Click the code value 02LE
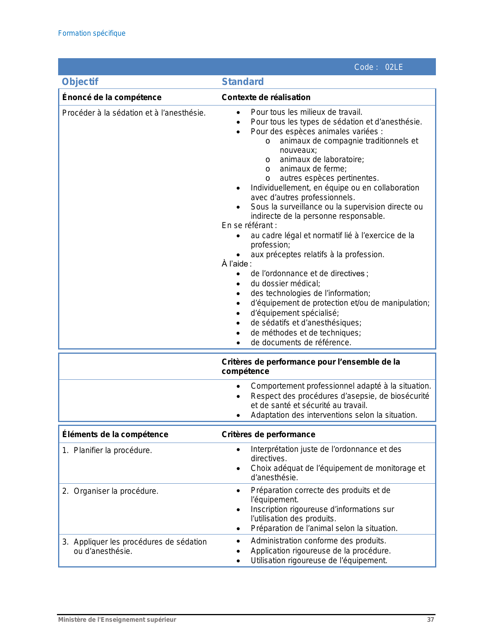click(x=394, y=67)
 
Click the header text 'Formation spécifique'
click(x=92, y=33)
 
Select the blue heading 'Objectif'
click(x=80, y=82)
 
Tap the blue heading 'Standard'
click(x=243, y=82)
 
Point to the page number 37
click(x=430, y=620)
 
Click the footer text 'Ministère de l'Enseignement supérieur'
click(x=117, y=620)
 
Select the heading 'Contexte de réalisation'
click(x=266, y=97)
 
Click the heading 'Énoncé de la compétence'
click(x=112, y=97)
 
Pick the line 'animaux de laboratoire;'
click(x=322, y=159)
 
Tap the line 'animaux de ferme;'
click(x=313, y=169)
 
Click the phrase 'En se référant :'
click(x=249, y=225)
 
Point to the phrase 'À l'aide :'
click(x=236, y=264)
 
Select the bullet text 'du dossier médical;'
click(x=285, y=284)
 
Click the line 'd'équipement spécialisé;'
click(x=294, y=313)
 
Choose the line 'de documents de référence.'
click(x=301, y=342)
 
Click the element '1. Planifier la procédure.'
click(x=107, y=450)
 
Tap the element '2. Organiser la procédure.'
click(x=110, y=491)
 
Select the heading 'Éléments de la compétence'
click(x=115, y=434)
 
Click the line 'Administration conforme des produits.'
click(x=318, y=541)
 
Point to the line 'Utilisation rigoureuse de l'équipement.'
click(x=319, y=560)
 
